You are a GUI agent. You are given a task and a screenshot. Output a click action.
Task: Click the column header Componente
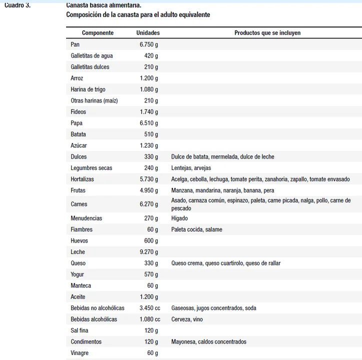pos(98,33)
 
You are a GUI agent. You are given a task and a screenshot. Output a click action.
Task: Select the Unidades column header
pos(148,33)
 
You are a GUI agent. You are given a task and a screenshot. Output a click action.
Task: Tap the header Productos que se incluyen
pos(267,33)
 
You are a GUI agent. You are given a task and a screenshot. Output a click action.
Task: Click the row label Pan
pos(75,44)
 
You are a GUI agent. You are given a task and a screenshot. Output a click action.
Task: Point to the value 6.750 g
pos(149,44)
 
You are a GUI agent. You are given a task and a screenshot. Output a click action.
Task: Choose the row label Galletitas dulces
pos(90,67)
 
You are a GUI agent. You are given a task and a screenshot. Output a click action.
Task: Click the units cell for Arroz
pos(149,78)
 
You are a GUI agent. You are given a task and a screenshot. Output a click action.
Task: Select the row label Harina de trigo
pos(88,89)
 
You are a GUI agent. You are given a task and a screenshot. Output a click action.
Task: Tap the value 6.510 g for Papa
pos(149,123)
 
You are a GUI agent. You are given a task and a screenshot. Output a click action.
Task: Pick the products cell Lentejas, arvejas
pos(191,168)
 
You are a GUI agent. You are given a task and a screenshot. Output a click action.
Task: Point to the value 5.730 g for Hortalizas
pos(149,179)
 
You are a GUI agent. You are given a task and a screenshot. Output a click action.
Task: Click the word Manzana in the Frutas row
pos(183,190)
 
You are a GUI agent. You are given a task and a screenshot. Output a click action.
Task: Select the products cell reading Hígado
pos(180,218)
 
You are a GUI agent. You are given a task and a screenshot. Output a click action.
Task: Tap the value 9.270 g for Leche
pos(149,252)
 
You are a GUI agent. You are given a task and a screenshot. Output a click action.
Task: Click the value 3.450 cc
pos(150,308)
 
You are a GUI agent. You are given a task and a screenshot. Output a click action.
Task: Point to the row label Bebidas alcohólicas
pos(94,319)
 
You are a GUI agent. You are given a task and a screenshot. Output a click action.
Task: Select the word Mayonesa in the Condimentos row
pos(183,342)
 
